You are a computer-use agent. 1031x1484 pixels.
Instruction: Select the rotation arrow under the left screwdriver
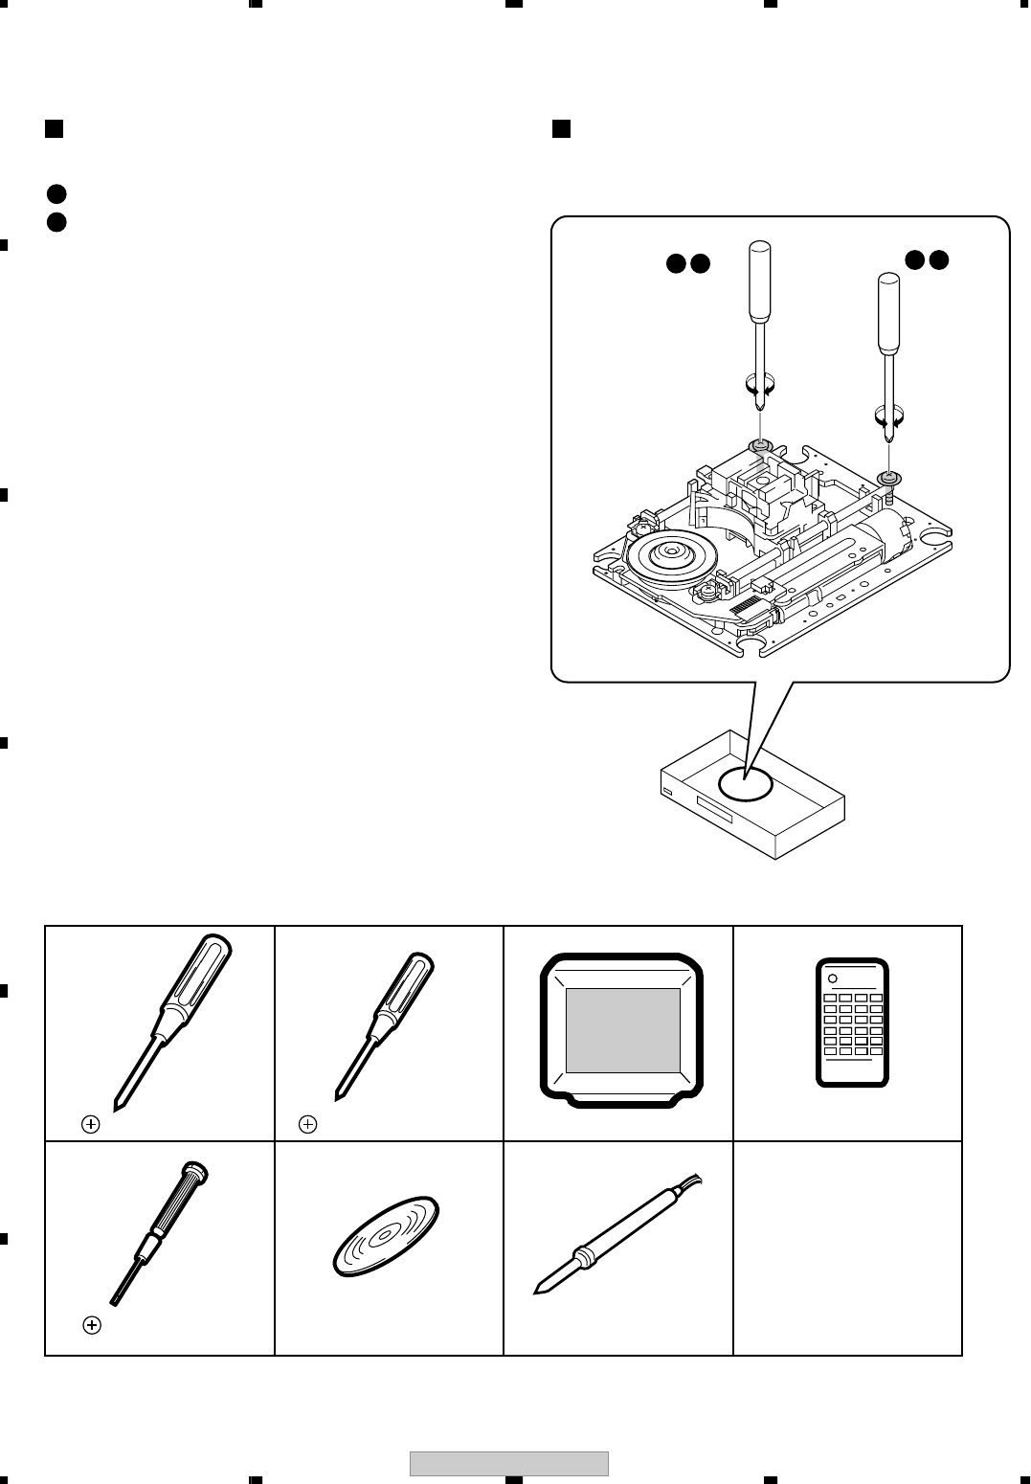pyautogui.click(x=759, y=386)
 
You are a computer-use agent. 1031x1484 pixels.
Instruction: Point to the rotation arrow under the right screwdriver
pyautogui.click(x=889, y=416)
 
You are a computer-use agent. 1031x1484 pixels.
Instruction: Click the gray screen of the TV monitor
pyautogui.click(x=623, y=1030)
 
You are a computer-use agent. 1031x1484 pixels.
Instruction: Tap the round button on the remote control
pyautogui.click(x=833, y=979)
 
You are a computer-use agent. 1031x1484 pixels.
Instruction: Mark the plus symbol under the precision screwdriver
pyautogui.click(x=92, y=1325)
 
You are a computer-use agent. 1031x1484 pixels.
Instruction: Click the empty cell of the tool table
pyautogui.click(x=847, y=1248)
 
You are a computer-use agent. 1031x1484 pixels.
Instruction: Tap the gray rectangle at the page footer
pyautogui.click(x=509, y=1464)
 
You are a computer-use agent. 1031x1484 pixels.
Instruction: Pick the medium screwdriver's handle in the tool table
pyautogui.click(x=407, y=991)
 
